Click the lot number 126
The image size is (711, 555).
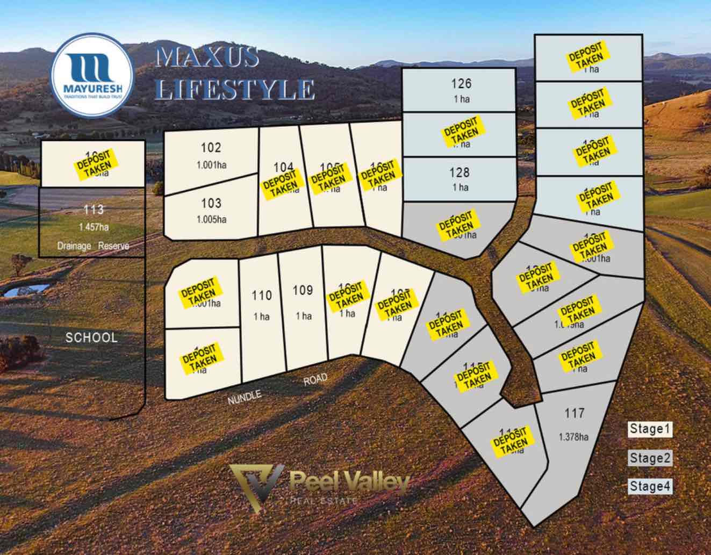tap(461, 83)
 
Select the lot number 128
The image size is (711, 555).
tap(460, 172)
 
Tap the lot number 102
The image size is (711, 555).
tap(211, 148)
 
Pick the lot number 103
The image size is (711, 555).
tap(211, 203)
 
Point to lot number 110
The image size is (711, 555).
tap(262, 295)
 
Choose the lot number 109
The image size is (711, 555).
tap(303, 291)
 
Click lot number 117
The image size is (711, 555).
tap(574, 413)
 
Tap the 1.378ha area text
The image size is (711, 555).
tap(573, 437)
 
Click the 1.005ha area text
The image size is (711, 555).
tap(211, 219)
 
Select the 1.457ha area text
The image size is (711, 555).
tap(94, 227)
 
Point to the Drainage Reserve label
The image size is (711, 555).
tap(94, 246)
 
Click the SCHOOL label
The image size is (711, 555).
tap(91, 338)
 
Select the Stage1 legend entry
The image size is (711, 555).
tap(650, 429)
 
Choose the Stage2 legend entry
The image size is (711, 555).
tap(650, 458)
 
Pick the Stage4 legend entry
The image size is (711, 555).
tap(650, 487)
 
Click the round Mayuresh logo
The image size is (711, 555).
tap(91, 74)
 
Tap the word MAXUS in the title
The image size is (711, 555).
tap(207, 57)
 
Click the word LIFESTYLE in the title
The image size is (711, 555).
tap(235, 89)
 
